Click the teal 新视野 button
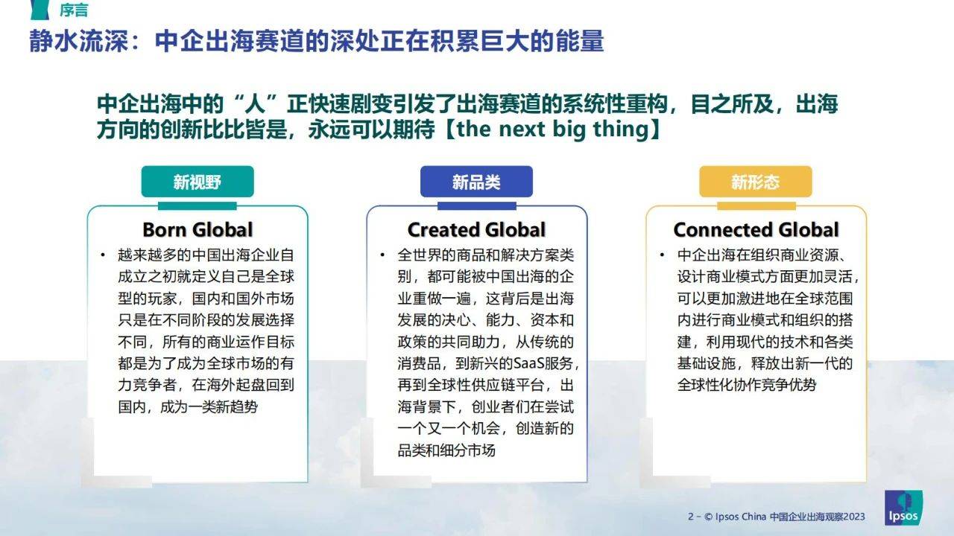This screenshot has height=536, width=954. (x=198, y=182)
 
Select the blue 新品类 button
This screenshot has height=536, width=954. (x=476, y=182)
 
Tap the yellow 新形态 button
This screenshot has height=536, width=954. (x=756, y=182)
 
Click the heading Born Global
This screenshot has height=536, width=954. (x=198, y=230)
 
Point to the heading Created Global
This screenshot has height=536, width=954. (x=476, y=230)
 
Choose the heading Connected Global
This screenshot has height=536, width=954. (x=756, y=230)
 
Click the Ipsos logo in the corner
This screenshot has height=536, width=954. (x=904, y=508)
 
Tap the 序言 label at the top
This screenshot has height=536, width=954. (x=74, y=10)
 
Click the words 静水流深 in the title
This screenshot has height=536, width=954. (x=78, y=41)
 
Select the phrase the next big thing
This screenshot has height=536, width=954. (x=552, y=129)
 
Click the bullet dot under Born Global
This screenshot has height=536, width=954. (x=103, y=255)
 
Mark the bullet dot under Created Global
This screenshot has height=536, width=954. (x=382, y=255)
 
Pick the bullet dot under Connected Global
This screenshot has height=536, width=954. (x=662, y=255)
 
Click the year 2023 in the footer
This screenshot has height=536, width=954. (x=854, y=517)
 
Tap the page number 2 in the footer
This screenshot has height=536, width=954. (x=690, y=517)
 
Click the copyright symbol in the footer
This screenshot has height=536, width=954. (x=708, y=517)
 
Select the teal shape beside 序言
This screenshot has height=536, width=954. (x=40, y=10)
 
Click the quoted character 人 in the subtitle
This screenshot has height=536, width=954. (x=254, y=103)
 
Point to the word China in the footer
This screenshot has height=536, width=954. (x=754, y=517)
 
